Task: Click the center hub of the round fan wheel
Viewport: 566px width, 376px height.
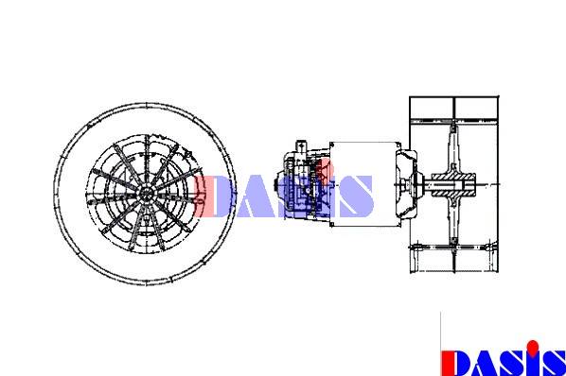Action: point(146,194)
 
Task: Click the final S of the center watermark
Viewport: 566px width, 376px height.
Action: point(356,196)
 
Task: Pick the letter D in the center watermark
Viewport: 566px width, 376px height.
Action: point(213,196)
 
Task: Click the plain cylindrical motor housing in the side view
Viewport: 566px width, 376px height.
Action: point(364,184)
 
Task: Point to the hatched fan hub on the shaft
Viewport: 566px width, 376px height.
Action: point(453,185)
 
